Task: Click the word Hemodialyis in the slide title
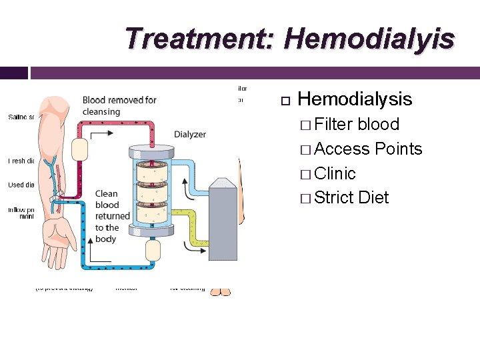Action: [x=369, y=38]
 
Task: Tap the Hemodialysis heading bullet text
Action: [x=355, y=100]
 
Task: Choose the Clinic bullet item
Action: [x=335, y=173]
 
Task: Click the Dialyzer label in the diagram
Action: [x=190, y=134]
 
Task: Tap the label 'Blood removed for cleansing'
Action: [x=119, y=105]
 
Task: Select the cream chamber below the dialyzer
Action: [x=154, y=251]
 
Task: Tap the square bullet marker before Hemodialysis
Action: [x=285, y=101]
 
